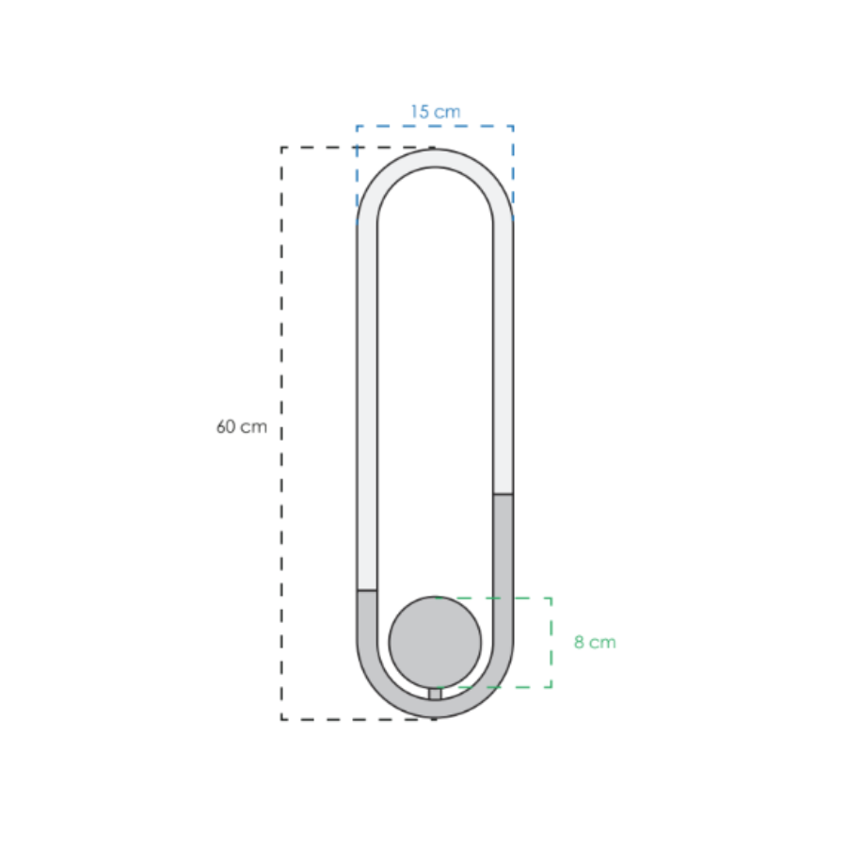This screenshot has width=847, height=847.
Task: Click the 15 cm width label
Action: [x=436, y=112]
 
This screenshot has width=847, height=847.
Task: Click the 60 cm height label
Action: [x=242, y=426]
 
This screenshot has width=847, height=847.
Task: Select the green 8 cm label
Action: [x=595, y=642]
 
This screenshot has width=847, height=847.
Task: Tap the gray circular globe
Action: [x=435, y=642]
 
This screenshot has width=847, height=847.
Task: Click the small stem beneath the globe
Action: [x=435, y=694]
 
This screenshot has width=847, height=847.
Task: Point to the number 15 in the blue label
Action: [x=419, y=112]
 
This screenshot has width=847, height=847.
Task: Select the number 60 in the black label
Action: [x=226, y=426]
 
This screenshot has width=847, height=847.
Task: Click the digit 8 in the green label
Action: [x=579, y=642]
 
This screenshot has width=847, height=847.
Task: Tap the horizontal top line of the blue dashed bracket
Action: [x=435, y=126]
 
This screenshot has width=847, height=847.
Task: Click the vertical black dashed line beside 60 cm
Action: [x=281, y=433]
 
